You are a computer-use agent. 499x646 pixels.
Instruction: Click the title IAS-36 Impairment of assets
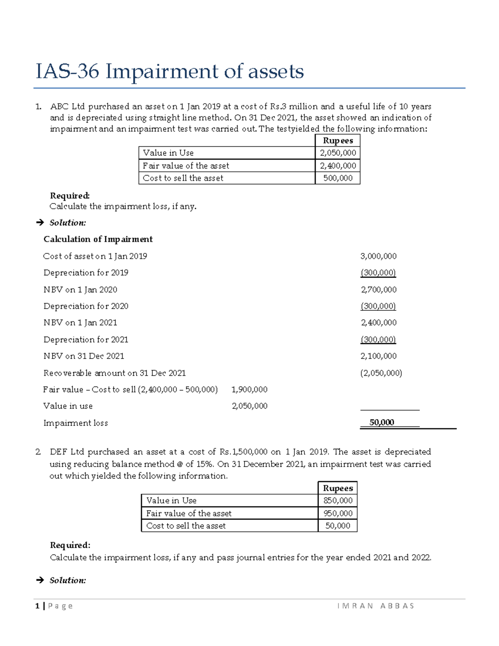click(170, 72)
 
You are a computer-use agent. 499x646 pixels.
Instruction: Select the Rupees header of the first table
click(338, 141)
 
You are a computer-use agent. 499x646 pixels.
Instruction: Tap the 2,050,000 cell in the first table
click(338, 153)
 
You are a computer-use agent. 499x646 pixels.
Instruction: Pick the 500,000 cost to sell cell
click(338, 178)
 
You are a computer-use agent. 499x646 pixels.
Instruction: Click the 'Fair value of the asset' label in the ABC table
click(186, 166)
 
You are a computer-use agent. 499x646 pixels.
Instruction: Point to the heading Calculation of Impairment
click(98, 239)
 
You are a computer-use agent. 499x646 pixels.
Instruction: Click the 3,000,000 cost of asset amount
click(378, 256)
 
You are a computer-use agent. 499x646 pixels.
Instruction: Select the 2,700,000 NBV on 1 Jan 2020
click(378, 290)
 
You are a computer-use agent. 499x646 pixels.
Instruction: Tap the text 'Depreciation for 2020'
click(86, 306)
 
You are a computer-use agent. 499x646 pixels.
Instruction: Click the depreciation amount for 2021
click(378, 339)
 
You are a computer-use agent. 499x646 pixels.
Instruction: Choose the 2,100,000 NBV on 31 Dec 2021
click(378, 356)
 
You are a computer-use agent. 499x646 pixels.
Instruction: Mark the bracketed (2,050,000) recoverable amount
click(381, 373)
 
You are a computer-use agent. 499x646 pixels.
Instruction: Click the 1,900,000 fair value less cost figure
click(249, 390)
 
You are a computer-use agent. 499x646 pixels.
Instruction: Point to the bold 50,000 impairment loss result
click(381, 423)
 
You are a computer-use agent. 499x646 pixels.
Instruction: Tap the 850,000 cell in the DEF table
click(338, 500)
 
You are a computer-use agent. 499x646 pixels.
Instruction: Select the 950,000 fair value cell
click(338, 513)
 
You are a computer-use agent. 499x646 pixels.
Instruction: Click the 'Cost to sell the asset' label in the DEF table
click(186, 526)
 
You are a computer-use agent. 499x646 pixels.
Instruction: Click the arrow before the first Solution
click(40, 223)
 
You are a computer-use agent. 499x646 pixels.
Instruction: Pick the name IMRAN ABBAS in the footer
click(376, 606)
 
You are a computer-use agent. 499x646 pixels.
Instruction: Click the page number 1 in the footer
click(37, 606)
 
